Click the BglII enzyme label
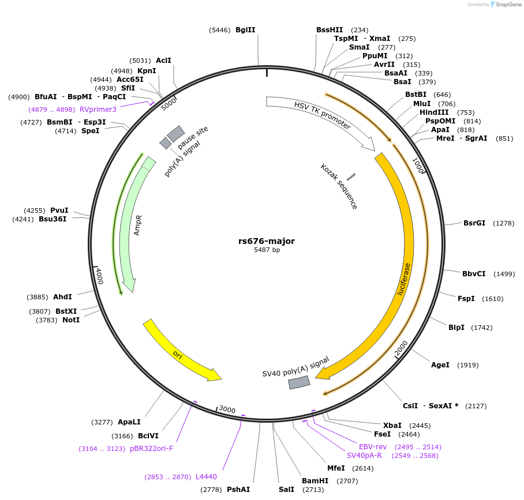tap(245, 30)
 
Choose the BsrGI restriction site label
tap(474, 223)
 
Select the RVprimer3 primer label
tap(98, 109)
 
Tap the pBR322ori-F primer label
tap(151, 448)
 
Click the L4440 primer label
tap(206, 477)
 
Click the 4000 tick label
tap(99, 276)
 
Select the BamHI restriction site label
tap(315, 480)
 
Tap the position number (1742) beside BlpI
tap(482, 328)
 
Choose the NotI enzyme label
tap(71, 320)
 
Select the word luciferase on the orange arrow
tap(404, 280)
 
